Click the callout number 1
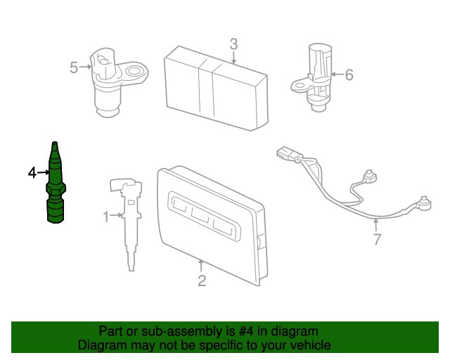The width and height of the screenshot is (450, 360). (x=107, y=217)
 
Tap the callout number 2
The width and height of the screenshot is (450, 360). (x=202, y=281)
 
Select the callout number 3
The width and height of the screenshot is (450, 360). (x=233, y=44)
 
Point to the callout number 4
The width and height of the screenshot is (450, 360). (x=32, y=172)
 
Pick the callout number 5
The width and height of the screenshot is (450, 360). (x=74, y=67)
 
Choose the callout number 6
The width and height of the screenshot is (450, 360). (x=349, y=74)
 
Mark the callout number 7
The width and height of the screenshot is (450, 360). (x=377, y=240)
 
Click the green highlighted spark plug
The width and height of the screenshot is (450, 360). (x=54, y=186)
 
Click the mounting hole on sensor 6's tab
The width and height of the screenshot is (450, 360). (x=298, y=87)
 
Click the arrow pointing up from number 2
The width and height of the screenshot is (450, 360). (x=201, y=266)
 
